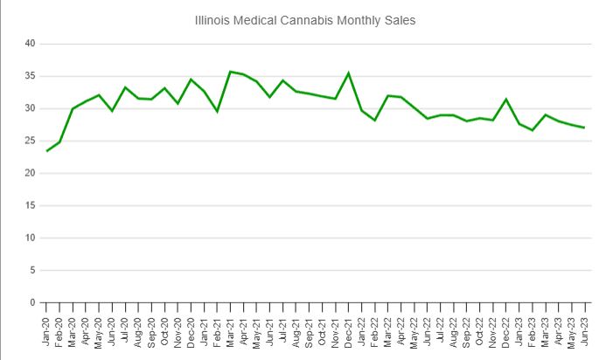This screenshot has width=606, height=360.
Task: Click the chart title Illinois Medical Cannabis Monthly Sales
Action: coord(304,18)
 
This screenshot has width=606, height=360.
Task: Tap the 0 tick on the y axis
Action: coord(32,302)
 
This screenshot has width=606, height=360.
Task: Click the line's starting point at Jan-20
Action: coord(47,151)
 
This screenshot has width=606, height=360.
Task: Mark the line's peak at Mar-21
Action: coord(230,72)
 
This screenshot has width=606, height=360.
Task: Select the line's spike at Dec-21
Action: coord(349,73)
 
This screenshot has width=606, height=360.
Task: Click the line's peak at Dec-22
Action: coord(505,99)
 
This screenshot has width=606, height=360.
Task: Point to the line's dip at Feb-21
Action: coord(217,111)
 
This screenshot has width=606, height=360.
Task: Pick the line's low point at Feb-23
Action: coord(532,130)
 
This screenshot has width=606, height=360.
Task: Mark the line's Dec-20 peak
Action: coord(191,80)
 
